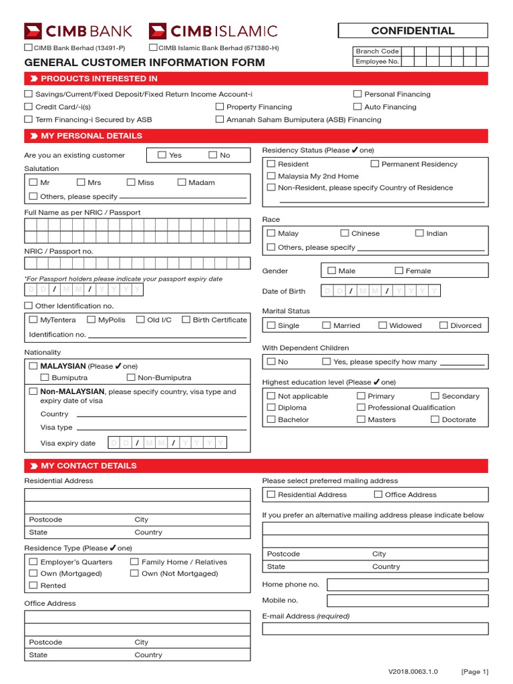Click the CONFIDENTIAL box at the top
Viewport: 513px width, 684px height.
[413, 31]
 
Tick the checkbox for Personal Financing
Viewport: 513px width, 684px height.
[358, 94]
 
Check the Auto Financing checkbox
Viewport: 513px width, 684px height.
[358, 107]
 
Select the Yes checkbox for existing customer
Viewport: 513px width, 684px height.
[162, 155]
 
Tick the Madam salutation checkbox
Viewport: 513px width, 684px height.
[182, 182]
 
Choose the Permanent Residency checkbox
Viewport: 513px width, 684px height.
[375, 164]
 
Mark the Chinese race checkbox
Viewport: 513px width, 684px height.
[345, 233]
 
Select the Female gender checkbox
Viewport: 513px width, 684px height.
[399, 271]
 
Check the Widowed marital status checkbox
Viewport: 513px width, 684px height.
[383, 325]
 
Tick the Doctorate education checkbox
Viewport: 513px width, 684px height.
[435, 419]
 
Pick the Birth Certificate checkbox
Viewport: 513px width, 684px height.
[186, 319]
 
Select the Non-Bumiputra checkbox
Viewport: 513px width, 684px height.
[131, 377]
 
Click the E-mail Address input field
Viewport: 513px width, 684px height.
[375, 629]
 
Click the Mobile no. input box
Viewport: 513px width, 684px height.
[407, 601]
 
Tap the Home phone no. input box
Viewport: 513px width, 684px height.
[407, 584]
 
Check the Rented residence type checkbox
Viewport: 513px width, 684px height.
[33, 585]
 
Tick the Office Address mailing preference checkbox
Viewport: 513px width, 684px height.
[378, 494]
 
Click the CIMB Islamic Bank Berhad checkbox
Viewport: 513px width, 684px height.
[153, 47]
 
